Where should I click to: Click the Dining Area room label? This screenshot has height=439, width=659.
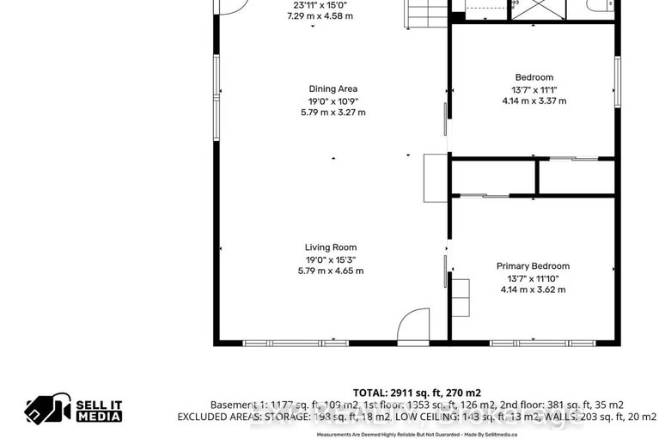pos(333,88)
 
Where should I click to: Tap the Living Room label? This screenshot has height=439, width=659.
pos(331,247)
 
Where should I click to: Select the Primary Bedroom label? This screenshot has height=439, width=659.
pos(533,266)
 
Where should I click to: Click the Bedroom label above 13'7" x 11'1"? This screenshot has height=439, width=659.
pos(534,77)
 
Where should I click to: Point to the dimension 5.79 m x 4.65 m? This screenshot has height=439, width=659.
pos(331,271)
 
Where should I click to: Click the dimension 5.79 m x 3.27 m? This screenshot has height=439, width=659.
pos(333,112)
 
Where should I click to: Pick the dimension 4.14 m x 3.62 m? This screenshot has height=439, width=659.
pos(533,290)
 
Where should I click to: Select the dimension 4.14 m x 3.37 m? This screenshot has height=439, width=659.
pos(534,101)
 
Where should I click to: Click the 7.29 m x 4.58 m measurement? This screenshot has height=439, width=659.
pos(320,16)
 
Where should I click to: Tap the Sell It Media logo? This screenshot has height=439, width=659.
pos(73,411)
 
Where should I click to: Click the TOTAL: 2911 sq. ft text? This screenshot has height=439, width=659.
pos(417,392)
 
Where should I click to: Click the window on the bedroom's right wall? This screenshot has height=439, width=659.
pos(616,82)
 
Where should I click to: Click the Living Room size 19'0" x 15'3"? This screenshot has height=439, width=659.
pos(331,259)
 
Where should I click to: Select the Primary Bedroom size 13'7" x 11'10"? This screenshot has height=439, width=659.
pos(533,278)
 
